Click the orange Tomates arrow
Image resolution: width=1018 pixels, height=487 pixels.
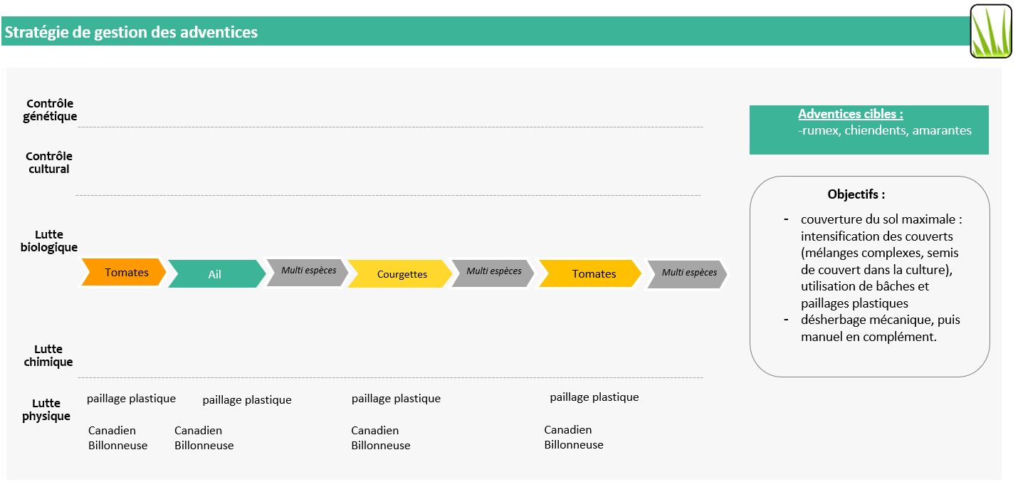coord(123,272)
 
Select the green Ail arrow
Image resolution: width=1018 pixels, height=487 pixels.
coord(217,273)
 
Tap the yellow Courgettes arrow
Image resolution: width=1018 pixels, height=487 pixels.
coord(400,273)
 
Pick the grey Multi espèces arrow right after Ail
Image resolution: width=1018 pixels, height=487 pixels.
coord(308,273)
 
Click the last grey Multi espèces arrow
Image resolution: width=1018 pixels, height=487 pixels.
coord(687,274)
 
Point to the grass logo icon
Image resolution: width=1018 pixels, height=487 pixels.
coord(991,31)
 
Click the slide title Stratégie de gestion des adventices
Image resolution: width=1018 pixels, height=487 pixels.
coord(131,32)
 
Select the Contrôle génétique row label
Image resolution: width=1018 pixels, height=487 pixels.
coord(50,110)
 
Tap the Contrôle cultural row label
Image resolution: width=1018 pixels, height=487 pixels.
coord(48,163)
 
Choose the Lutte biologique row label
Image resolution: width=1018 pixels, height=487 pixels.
coord(48,241)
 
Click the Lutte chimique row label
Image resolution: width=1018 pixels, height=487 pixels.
coord(48,355)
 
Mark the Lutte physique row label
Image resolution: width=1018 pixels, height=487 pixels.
coord(46,409)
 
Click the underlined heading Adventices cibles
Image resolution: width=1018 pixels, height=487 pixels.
coord(850,114)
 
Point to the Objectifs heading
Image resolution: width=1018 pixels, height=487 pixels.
coord(856,194)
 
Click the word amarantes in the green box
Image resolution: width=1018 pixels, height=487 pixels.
coord(942,130)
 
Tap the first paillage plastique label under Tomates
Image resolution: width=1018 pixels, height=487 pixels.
coord(131,399)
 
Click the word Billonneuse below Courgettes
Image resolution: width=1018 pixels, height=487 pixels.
coord(381,446)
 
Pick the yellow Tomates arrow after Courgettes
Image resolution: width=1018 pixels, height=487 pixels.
coord(590,273)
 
